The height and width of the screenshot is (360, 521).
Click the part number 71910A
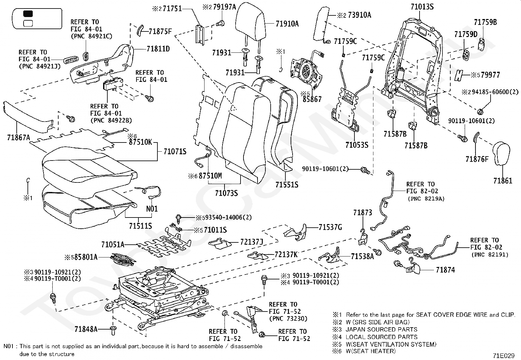[x=287, y=24]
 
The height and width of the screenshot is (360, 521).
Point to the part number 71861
[x=503, y=180]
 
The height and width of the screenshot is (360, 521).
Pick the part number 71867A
[x=18, y=138]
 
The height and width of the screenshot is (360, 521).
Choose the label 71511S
[x=140, y=226]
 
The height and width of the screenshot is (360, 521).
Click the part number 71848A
[x=86, y=329]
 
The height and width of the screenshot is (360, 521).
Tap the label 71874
[x=445, y=270]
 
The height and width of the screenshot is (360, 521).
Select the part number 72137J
[x=252, y=242]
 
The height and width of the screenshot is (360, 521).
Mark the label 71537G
[x=330, y=227]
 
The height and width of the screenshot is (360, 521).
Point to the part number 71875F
[x=160, y=31]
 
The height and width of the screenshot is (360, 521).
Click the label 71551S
[x=287, y=185]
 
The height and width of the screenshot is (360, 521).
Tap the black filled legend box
[x=28, y=14]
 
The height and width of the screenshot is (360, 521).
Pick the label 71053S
[x=357, y=145]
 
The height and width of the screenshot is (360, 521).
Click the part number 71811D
[x=158, y=49]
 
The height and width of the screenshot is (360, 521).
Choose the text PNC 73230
[x=288, y=318]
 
